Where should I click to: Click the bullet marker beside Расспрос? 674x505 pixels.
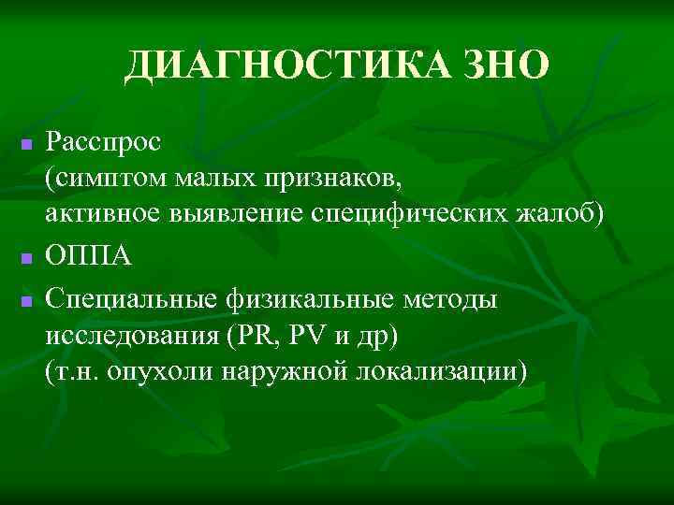click(26, 147)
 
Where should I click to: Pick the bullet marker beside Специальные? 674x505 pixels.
click(26, 301)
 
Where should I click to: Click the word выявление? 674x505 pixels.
click(233, 215)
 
